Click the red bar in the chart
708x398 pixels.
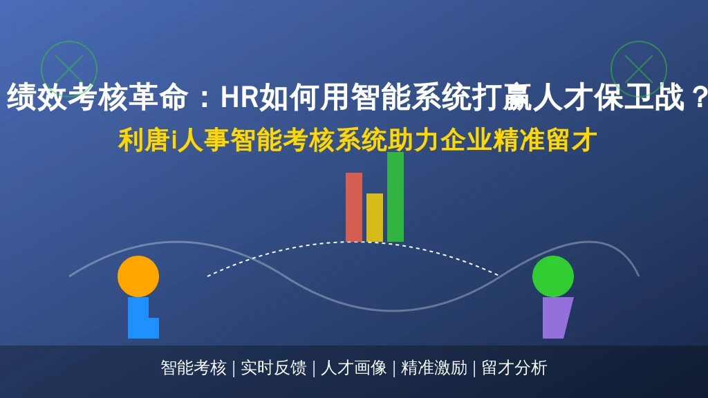point(354,207)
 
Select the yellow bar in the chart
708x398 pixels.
point(375,218)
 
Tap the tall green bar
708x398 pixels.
point(395,197)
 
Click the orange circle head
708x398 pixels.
point(138,276)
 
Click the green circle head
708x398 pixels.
point(553,276)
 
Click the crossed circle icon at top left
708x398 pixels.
point(69,69)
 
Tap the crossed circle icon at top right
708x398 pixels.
point(639,69)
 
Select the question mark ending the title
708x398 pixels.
point(699,97)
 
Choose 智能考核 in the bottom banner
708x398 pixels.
point(194,368)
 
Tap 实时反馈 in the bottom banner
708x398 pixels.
point(274,368)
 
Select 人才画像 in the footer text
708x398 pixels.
point(354,368)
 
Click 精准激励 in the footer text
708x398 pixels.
point(434,368)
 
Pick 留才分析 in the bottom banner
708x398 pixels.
point(514,368)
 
